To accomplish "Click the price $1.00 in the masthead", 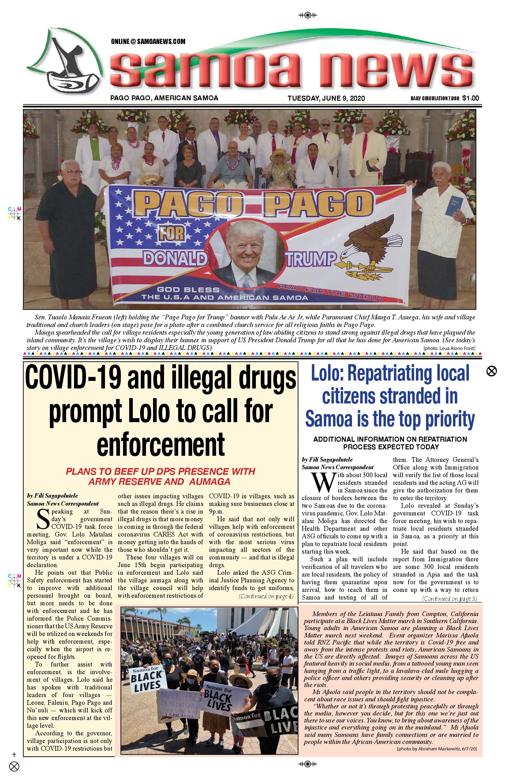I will click(x=471, y=98).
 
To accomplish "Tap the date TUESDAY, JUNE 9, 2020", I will click(x=326, y=98).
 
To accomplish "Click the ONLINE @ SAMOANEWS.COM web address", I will click(x=148, y=42).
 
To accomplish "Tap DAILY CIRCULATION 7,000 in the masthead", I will click(x=435, y=98).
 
